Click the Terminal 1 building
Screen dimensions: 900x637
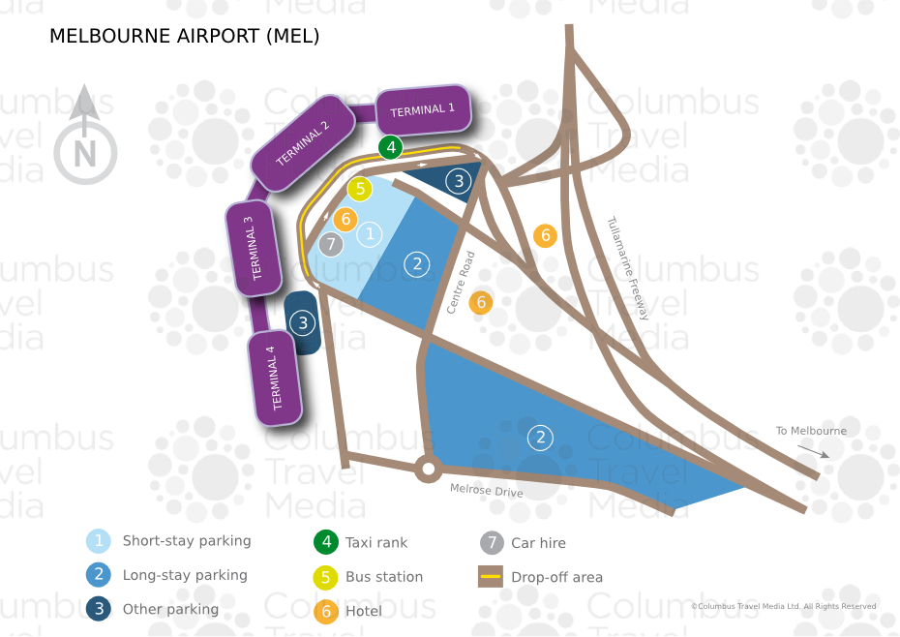click(424, 109)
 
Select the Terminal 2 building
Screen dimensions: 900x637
click(303, 143)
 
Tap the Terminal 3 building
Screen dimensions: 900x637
click(254, 248)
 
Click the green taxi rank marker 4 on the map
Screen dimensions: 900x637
click(391, 147)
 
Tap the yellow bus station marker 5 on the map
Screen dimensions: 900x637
click(360, 189)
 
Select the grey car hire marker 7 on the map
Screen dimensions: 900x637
click(331, 244)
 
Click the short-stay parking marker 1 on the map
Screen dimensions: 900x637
click(370, 234)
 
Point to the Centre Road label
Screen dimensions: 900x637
click(461, 283)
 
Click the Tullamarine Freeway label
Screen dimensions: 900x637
click(628, 267)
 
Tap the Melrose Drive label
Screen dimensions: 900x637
click(486, 490)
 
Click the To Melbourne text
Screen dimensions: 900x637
click(811, 430)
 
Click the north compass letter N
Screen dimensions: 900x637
click(85, 153)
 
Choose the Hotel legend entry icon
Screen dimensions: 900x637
click(326, 611)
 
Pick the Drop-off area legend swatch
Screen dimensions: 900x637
click(491, 576)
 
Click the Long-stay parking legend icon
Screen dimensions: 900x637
click(99, 574)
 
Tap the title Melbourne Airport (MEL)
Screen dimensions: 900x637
click(184, 36)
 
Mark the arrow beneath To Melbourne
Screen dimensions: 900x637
click(813, 451)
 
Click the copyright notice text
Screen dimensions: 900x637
click(784, 606)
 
